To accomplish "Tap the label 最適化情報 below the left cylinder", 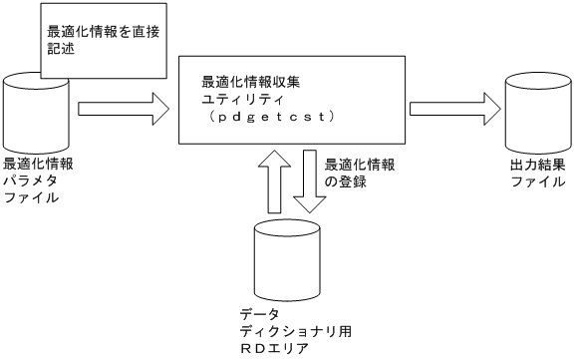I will (x=37, y=165).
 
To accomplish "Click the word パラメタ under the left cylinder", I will (x=29, y=180).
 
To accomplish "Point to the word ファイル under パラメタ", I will (x=29, y=196).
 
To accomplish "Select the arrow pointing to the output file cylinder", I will (x=453, y=103).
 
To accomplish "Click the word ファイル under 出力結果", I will (x=533, y=181).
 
